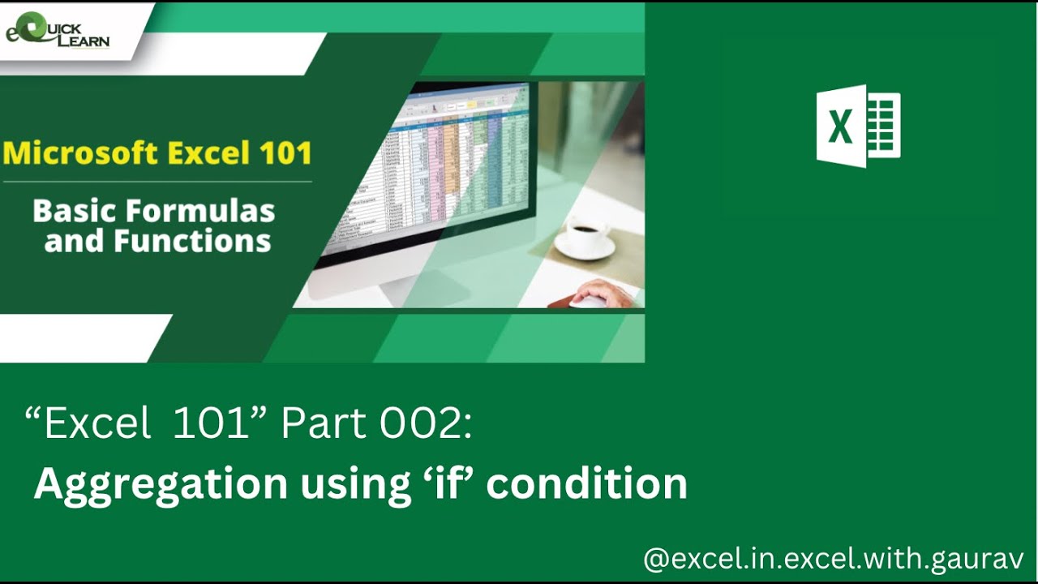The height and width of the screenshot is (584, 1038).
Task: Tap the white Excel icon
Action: [x=858, y=127]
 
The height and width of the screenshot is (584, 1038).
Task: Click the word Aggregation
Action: [x=161, y=484]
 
